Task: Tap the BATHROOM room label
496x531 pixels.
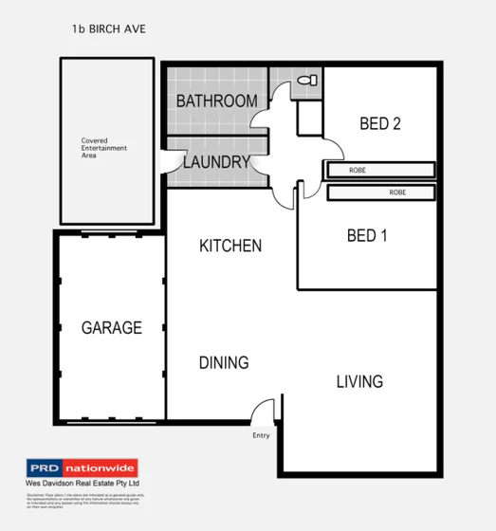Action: coord(216,101)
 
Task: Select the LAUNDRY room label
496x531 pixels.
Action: coord(216,162)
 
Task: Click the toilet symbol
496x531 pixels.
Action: coord(306,82)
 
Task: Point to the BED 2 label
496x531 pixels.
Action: coord(380,123)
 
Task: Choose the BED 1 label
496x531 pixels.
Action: coord(366,236)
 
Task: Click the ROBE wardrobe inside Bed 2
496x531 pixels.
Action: coord(379,170)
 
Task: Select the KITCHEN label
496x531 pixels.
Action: coord(230,246)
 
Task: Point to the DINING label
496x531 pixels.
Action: coord(224,362)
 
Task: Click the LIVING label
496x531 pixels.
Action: coord(359,381)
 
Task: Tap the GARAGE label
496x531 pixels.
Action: coord(111,328)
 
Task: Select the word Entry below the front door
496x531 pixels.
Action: coord(261,435)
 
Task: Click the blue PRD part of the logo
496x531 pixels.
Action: coord(46,468)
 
